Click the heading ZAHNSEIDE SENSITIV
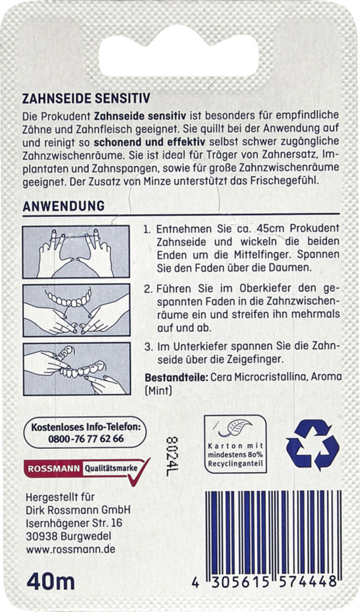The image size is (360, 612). (86, 98)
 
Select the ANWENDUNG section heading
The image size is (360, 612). (63, 206)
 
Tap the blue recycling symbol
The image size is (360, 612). (313, 445)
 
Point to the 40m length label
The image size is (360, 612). (50, 581)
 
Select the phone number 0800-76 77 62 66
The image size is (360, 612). (85, 439)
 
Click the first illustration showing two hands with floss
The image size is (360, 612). (76, 252)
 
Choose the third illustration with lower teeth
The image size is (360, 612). (76, 368)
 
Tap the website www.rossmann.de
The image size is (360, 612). (71, 549)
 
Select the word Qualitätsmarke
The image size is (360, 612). (110, 467)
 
